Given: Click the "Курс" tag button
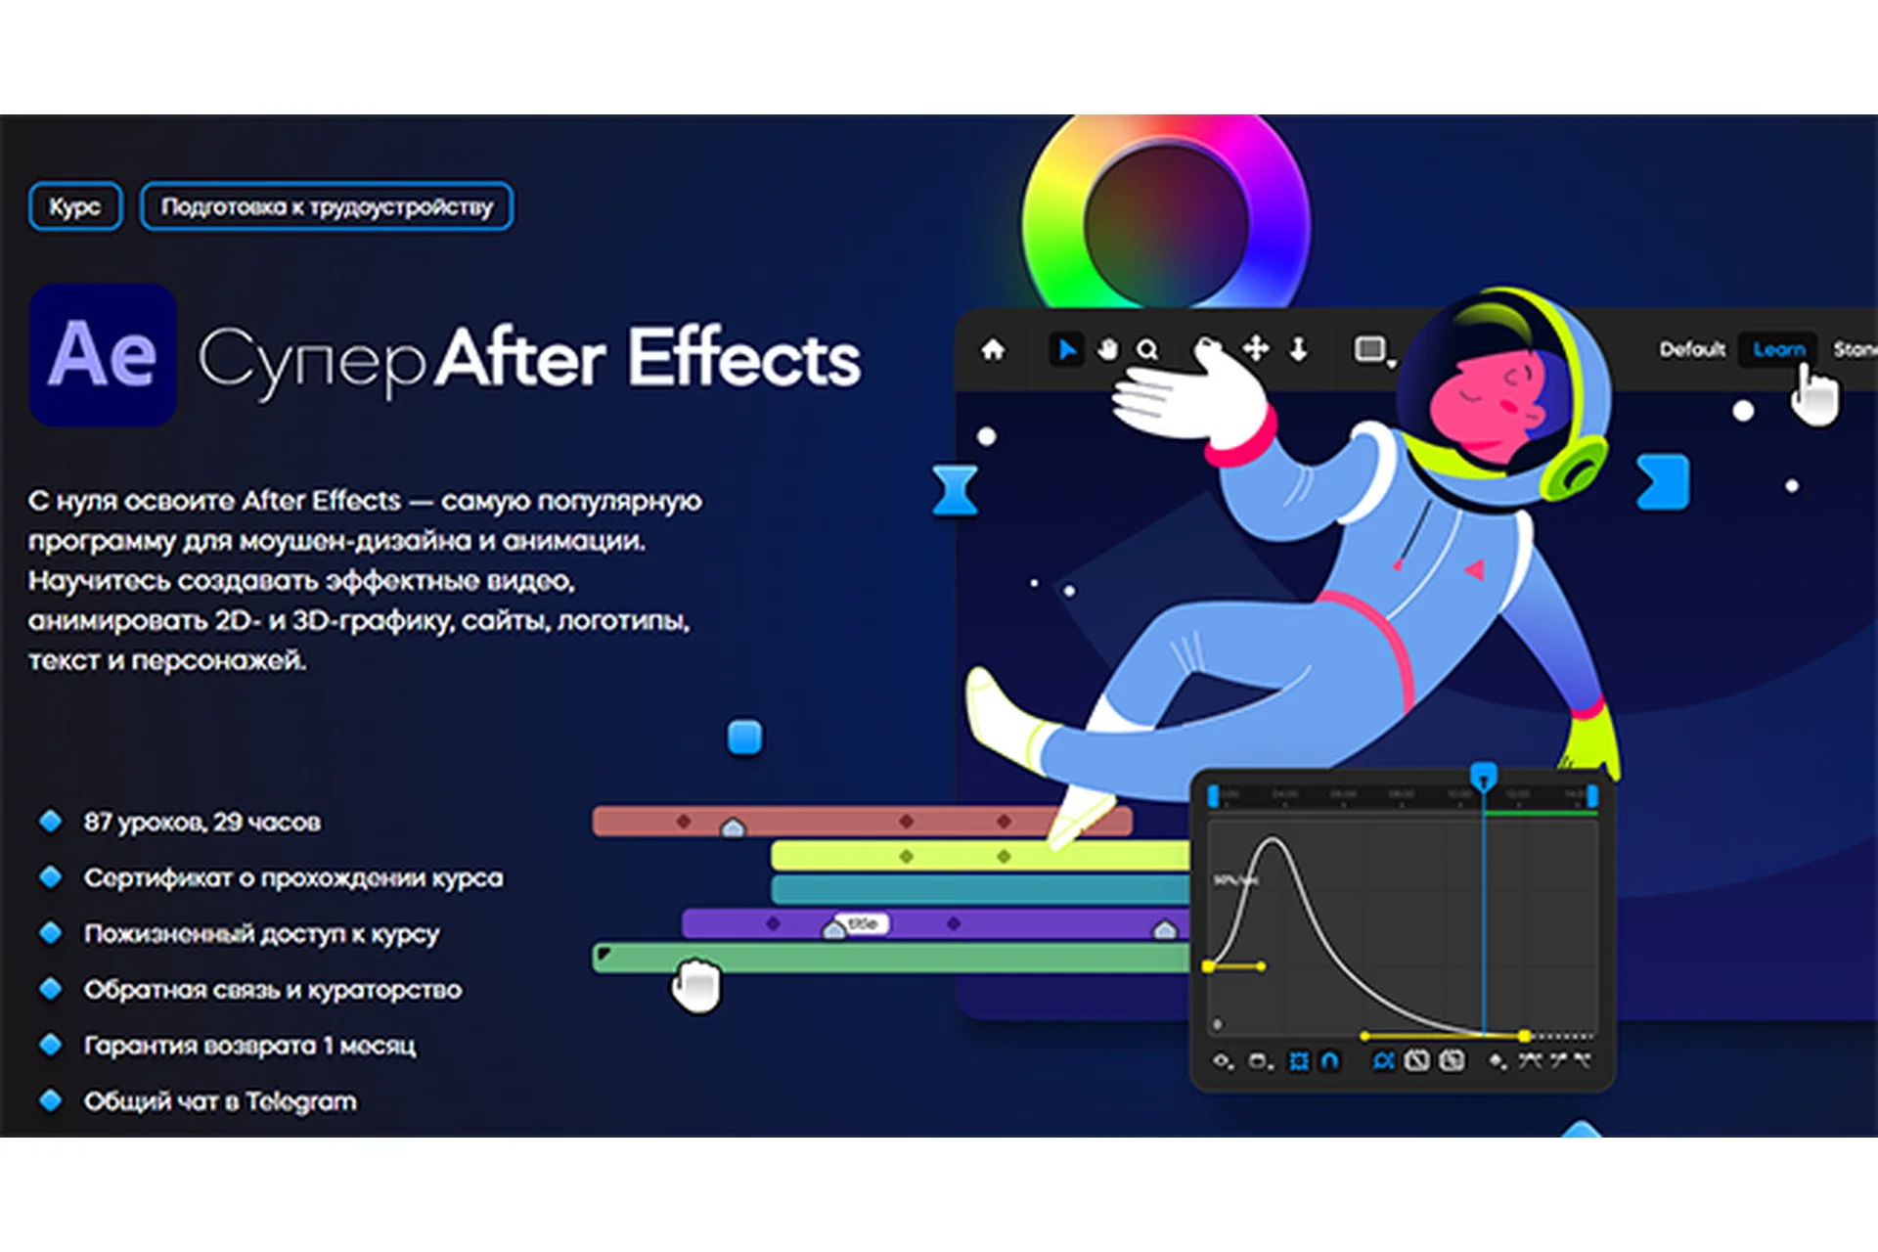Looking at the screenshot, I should (x=75, y=206).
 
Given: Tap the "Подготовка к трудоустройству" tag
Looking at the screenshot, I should (x=327, y=206).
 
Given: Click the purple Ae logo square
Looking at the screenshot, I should (x=103, y=354).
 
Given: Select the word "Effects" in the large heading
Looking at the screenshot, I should (x=743, y=358).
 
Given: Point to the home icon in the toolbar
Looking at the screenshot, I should (x=993, y=349).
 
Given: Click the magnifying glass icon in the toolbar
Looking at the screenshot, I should (x=1147, y=349).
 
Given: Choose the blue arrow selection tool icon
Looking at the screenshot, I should (x=1066, y=349).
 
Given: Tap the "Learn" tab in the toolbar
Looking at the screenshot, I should (x=1778, y=349).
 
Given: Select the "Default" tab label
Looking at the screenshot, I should (x=1692, y=349).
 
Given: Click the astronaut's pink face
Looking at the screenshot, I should (x=1482, y=401).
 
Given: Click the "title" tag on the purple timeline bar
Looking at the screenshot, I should (x=863, y=923).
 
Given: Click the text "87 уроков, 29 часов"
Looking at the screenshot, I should (x=201, y=822).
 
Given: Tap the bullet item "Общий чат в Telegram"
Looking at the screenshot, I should (x=220, y=1101).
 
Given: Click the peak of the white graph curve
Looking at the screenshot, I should (x=1272, y=838).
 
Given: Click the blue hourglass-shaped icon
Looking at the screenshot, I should (x=955, y=490).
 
